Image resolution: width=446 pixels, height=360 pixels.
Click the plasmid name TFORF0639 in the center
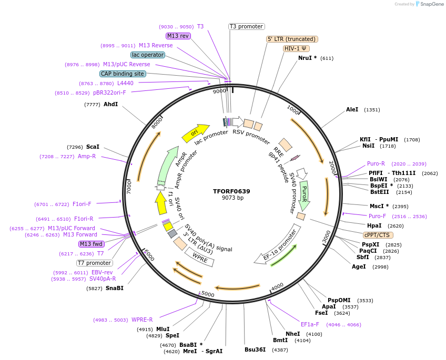(232, 191)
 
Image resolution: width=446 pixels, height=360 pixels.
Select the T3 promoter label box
(246, 26)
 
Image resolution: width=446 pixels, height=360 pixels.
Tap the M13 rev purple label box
(178, 36)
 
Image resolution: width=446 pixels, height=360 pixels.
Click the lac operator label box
(148, 55)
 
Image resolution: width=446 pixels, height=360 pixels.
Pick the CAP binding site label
(123, 74)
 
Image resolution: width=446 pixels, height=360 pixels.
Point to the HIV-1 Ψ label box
(296, 48)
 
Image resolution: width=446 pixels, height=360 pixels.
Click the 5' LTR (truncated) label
(292, 39)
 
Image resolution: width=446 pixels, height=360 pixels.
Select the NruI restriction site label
(307, 58)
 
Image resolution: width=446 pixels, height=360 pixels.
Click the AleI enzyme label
(352, 110)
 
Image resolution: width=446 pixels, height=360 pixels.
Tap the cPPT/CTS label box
(377, 235)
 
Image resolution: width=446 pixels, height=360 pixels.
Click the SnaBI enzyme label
(114, 288)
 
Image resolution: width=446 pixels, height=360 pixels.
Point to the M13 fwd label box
(91, 244)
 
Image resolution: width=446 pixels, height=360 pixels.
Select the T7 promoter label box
(94, 263)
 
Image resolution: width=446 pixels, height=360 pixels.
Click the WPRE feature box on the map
(200, 257)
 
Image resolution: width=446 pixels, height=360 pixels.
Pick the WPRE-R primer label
(142, 320)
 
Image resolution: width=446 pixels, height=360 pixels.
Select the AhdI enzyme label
(110, 105)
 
